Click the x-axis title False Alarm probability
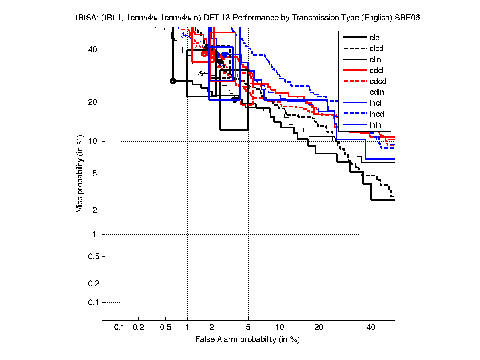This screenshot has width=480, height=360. click(247, 340)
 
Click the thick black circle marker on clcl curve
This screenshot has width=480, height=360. click(173, 81)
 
